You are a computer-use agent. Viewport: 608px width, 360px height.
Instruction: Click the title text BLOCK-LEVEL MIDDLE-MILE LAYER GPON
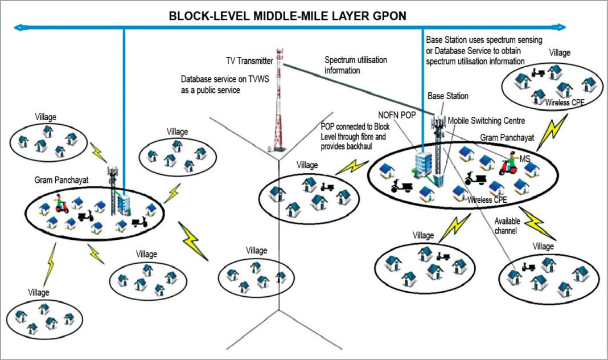click(x=287, y=15)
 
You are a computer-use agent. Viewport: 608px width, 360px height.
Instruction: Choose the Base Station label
click(x=448, y=96)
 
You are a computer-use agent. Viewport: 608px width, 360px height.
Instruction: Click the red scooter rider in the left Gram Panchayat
click(x=61, y=204)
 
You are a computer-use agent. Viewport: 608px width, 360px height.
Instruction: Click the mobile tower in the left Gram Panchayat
click(x=112, y=182)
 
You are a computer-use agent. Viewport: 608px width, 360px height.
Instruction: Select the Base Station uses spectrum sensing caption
click(x=483, y=50)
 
